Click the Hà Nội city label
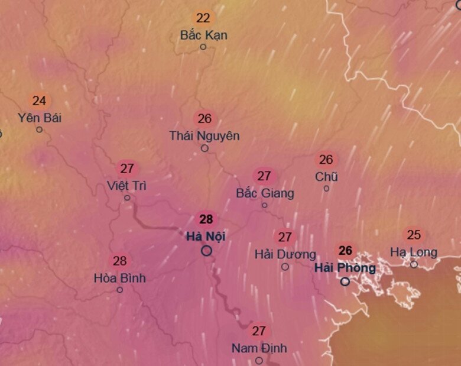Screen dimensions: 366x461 pyautogui.click(x=206, y=237)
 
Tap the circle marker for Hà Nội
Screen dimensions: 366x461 pyautogui.click(x=206, y=251)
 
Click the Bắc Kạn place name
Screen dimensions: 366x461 pyautogui.click(x=203, y=35)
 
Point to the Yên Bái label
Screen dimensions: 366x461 pyautogui.click(x=40, y=117)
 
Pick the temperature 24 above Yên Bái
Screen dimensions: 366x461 pyautogui.click(x=39, y=101)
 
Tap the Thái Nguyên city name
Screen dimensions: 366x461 pyautogui.click(x=204, y=135)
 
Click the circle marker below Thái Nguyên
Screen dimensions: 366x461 pyautogui.click(x=204, y=148)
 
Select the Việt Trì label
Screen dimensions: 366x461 pyautogui.click(x=126, y=185)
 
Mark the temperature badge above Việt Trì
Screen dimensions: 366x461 pyautogui.click(x=126, y=169)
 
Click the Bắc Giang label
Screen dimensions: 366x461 pyautogui.click(x=265, y=193)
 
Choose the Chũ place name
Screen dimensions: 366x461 pyautogui.click(x=326, y=176)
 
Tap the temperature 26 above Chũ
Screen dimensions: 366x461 pyautogui.click(x=326, y=160)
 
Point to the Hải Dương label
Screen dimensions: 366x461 pyautogui.click(x=285, y=254)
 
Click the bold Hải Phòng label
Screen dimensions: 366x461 pyautogui.click(x=345, y=268)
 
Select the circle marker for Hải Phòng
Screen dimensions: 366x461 pyautogui.click(x=345, y=281)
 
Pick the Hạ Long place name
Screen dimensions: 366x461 pyautogui.click(x=414, y=252)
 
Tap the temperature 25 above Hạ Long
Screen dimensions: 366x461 pyautogui.click(x=414, y=235)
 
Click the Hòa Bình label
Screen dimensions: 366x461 pyautogui.click(x=119, y=277)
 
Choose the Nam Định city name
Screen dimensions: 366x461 pyautogui.click(x=259, y=348)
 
